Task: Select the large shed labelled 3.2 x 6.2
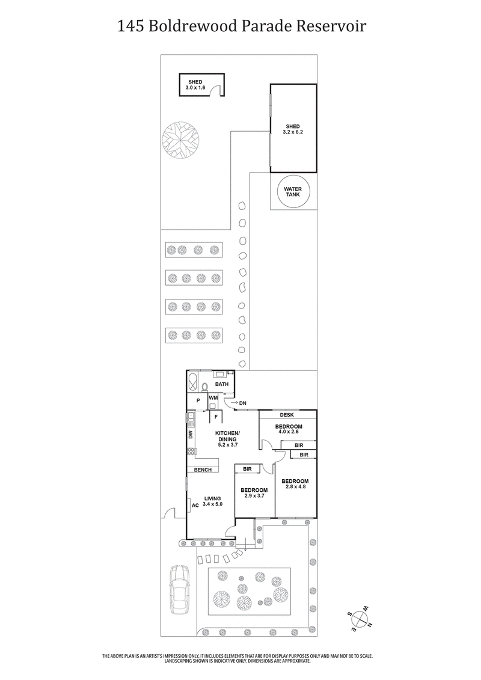(293, 129)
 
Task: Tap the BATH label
(222, 384)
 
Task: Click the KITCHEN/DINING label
(228, 437)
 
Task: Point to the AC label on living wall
(195, 506)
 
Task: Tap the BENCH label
(202, 469)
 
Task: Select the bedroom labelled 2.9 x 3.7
(254, 493)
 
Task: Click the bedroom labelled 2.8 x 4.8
(295, 485)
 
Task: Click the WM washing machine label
(213, 397)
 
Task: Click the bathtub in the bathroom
(192, 381)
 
